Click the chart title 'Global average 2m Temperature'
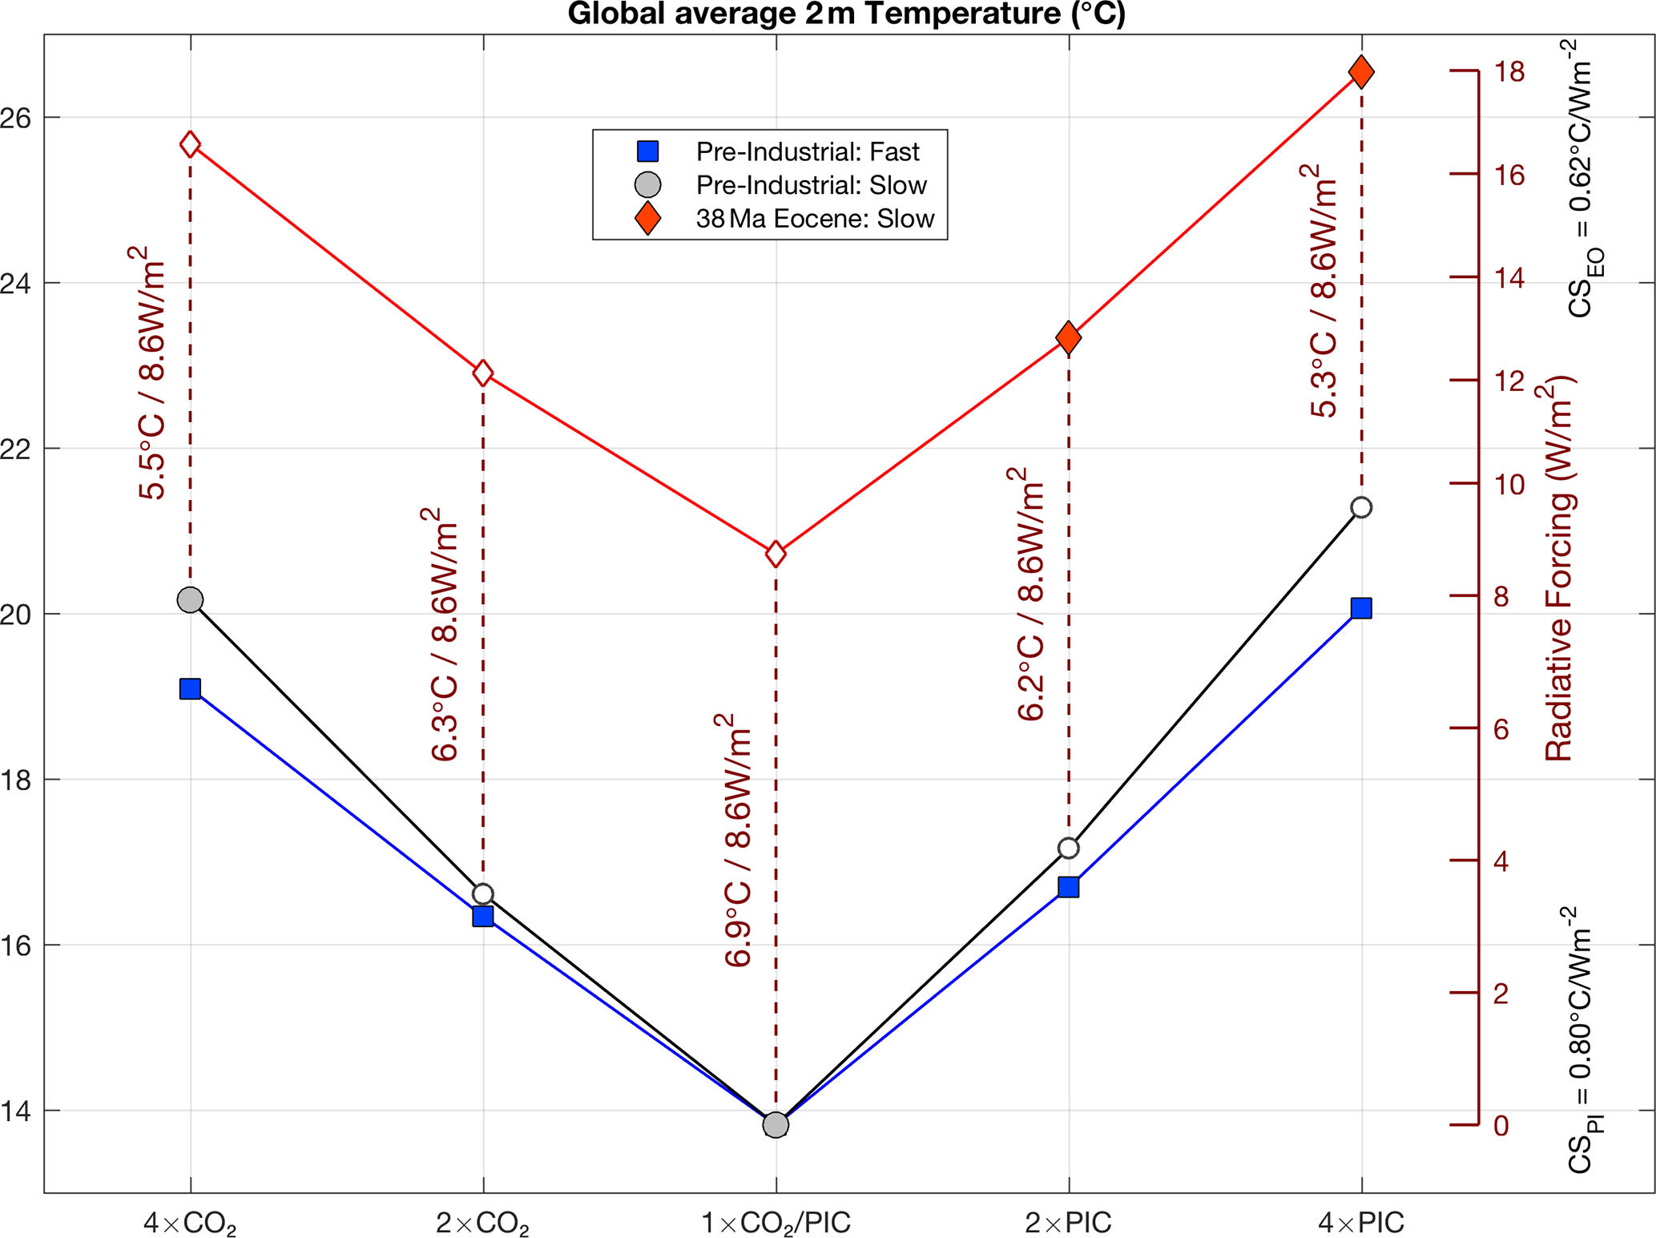846,14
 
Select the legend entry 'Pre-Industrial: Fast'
807,151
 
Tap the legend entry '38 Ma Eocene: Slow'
814,219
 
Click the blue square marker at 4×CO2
190,688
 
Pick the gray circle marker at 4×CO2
190,599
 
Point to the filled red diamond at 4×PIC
1360,72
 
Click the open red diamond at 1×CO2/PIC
775,554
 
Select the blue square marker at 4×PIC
1360,608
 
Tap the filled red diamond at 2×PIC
1068,337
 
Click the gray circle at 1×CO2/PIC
775,1124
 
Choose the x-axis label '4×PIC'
1360,1223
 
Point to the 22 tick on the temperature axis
16,449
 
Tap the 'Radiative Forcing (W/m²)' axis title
1559,569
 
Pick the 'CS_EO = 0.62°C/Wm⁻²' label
1583,180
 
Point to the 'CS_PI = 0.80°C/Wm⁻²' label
1583,1042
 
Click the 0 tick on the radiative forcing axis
1501,1125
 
